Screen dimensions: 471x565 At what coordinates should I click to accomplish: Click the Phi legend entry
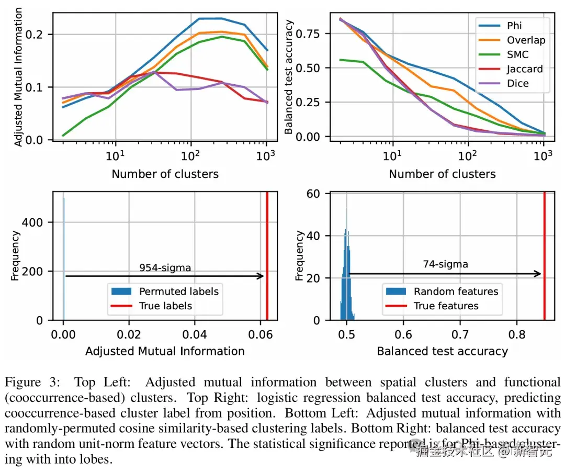tap(514, 26)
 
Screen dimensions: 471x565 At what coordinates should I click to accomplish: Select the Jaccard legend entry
tap(525, 69)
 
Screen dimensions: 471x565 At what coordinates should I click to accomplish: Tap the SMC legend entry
tap(517, 54)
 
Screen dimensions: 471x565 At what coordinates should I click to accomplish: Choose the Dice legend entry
tap(517, 84)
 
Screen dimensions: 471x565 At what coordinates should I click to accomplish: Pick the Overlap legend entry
tap(526, 40)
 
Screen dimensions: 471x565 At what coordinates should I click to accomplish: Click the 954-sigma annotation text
tap(165, 268)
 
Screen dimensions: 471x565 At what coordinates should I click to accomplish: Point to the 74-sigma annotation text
tap(445, 264)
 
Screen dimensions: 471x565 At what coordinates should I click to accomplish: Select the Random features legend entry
tap(456, 291)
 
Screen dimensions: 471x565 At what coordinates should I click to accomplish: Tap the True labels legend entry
tap(165, 306)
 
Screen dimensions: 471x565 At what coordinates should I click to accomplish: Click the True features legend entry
tap(446, 306)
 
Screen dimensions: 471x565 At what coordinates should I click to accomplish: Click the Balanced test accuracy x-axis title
tap(442, 351)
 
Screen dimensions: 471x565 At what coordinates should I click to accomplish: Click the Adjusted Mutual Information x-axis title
tap(165, 351)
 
